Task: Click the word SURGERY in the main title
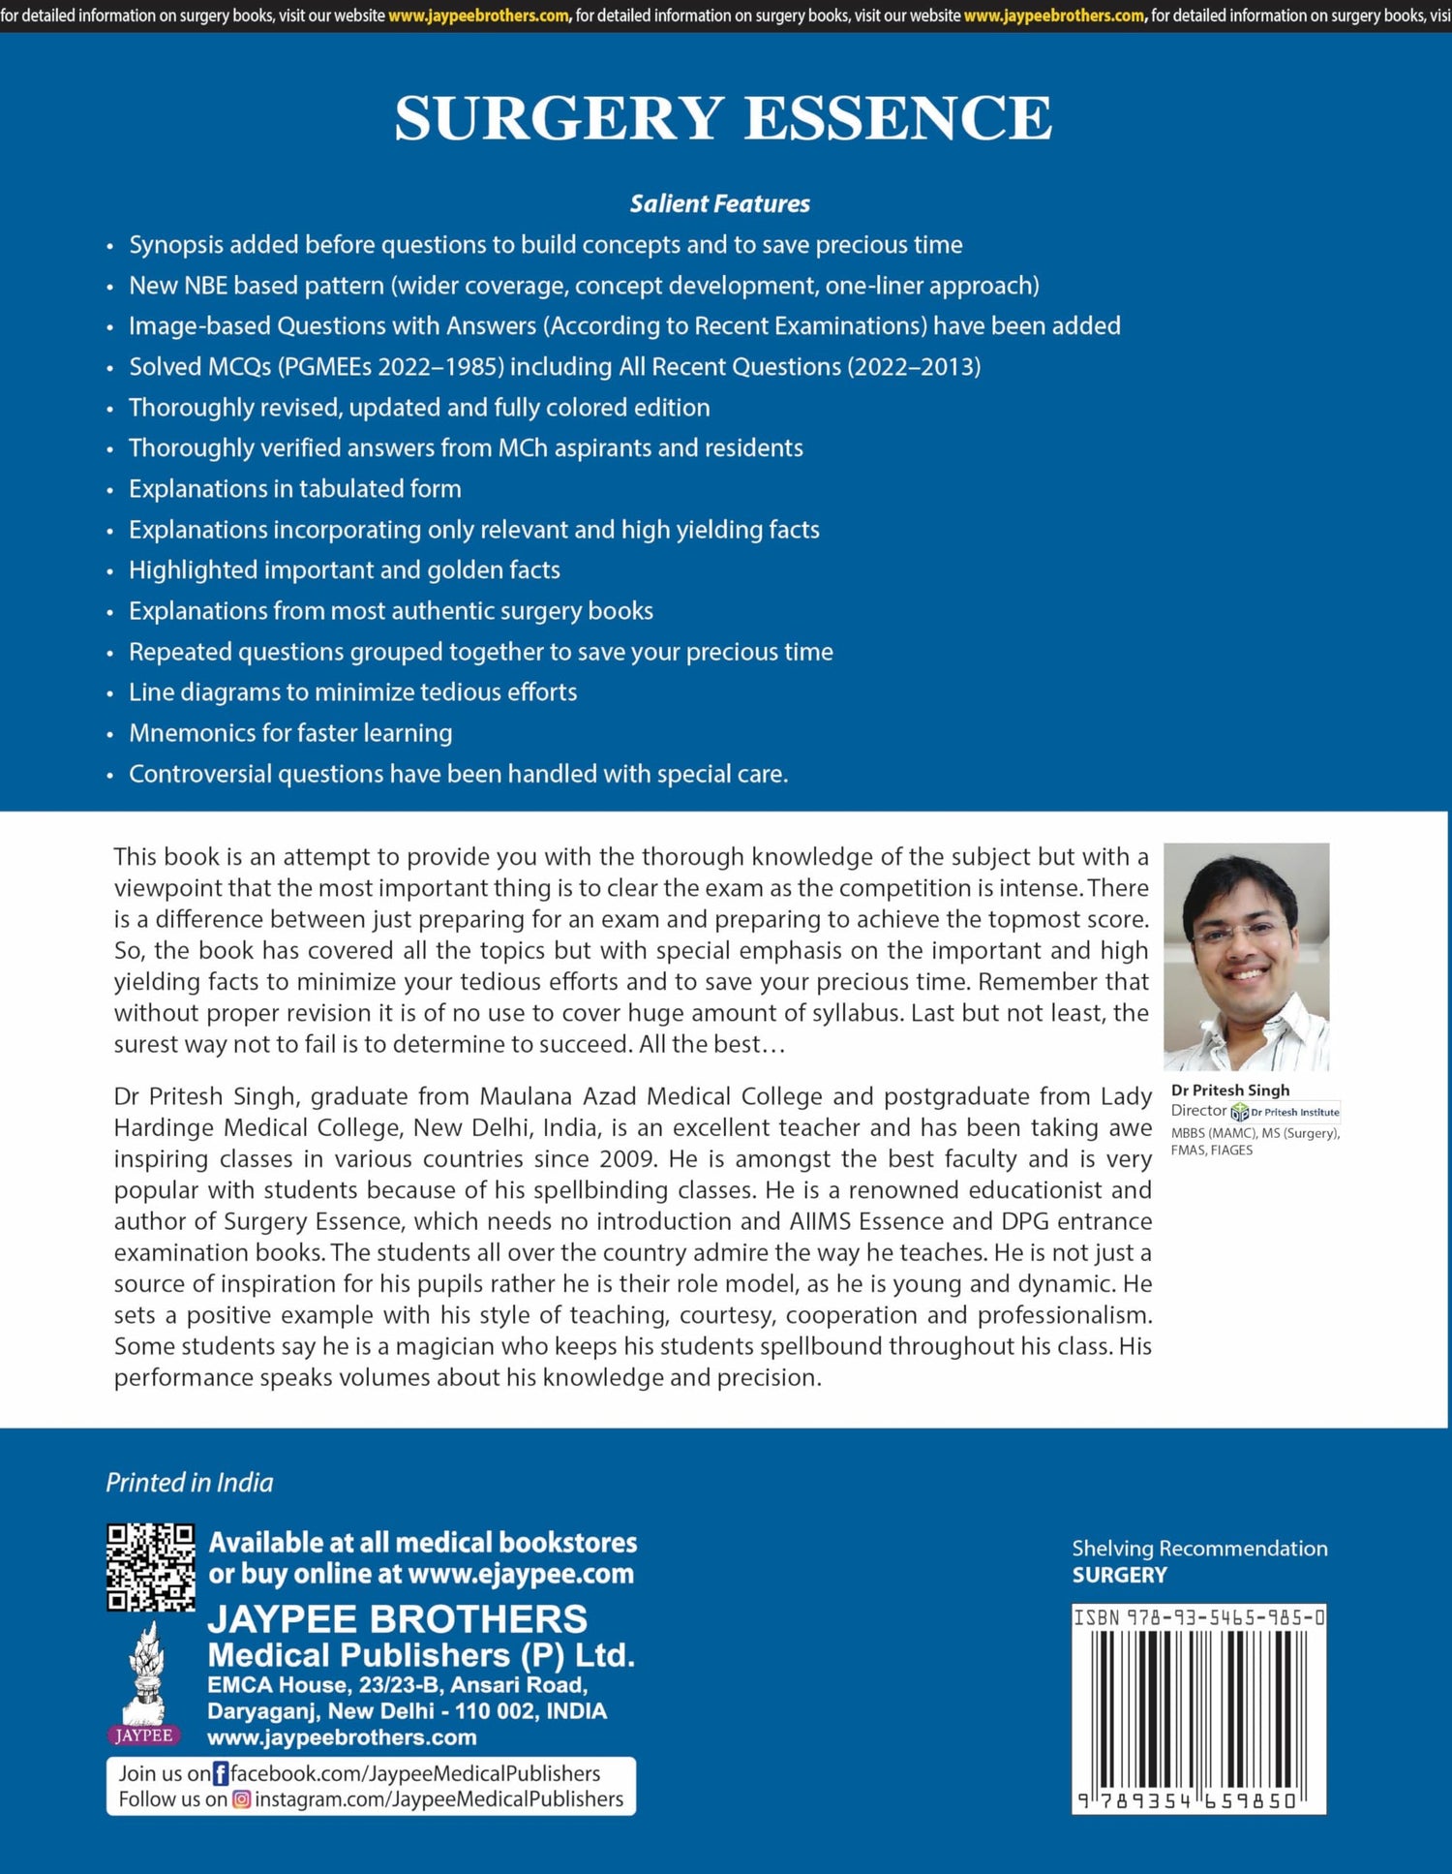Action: pos(560,118)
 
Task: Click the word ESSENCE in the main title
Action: pos(897,118)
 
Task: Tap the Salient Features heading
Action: pos(719,203)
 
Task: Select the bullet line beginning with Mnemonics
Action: pos(290,733)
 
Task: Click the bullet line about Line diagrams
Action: pos(352,692)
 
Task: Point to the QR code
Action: pos(150,1567)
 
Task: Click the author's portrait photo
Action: pos(1246,957)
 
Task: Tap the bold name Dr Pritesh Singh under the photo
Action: pos(1229,1090)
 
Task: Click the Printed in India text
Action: pos(190,1483)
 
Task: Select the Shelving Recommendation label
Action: pos(1199,1549)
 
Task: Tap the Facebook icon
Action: pos(221,1773)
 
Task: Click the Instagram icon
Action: pos(241,1799)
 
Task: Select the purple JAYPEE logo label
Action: pos(143,1736)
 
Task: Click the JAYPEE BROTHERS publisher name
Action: pos(397,1619)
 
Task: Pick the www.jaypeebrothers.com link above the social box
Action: pos(342,1737)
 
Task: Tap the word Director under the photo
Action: pos(1198,1111)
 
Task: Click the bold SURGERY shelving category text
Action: pos(1119,1575)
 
